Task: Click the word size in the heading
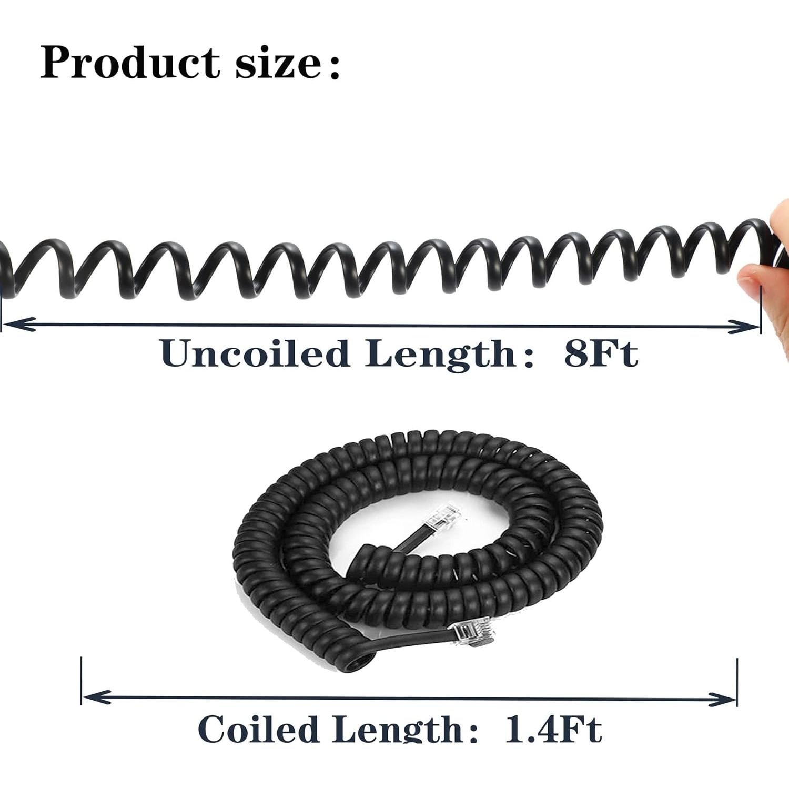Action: pos(277,64)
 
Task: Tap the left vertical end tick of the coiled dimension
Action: pos(82,681)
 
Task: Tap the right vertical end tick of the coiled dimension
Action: pos(737,682)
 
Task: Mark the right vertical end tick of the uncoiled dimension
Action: pos(761,310)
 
